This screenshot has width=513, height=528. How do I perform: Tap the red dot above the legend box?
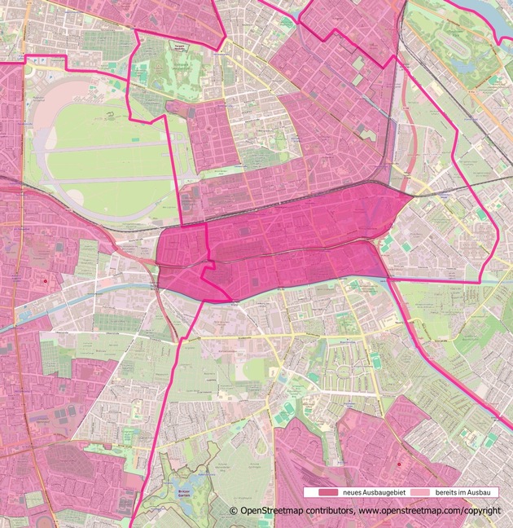[x=399, y=464]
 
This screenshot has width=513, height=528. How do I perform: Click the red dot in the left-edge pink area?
[x=45, y=281]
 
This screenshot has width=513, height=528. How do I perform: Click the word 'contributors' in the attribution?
[x=323, y=511]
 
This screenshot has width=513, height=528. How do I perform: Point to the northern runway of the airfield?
[x=106, y=147]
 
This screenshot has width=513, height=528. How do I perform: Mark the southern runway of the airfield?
[x=106, y=178]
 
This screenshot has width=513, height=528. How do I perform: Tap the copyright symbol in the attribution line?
[x=234, y=511]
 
